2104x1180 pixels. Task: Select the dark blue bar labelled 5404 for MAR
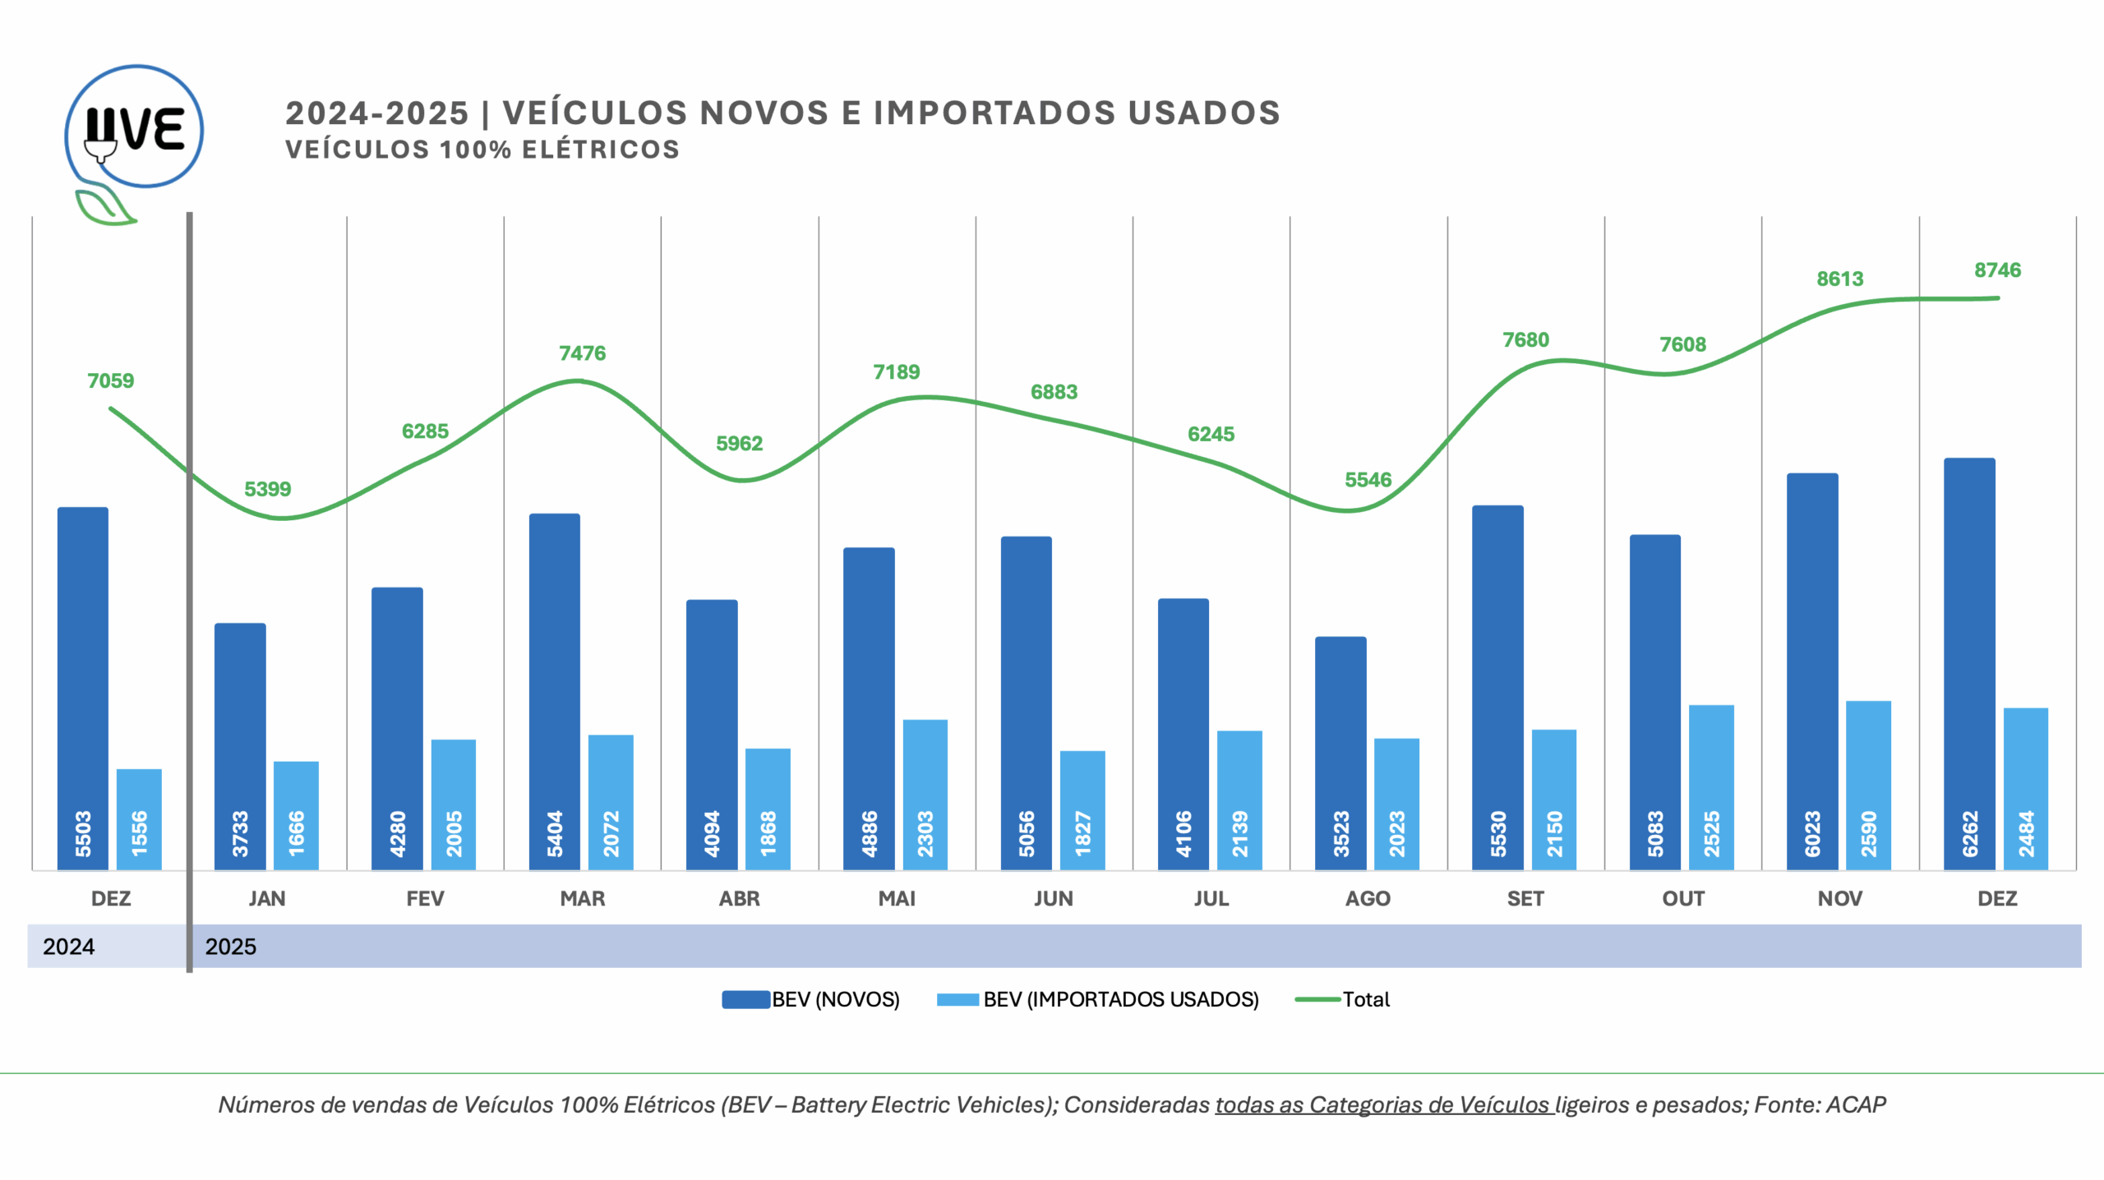[x=555, y=690]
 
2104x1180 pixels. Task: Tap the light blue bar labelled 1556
[x=139, y=818]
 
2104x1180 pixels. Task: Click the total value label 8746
[x=1997, y=270]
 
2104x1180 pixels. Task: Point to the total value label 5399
[x=267, y=489]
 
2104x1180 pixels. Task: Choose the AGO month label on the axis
[x=1368, y=898]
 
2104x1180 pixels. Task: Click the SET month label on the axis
[x=1525, y=898]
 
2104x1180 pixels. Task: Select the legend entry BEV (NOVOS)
[x=810, y=999]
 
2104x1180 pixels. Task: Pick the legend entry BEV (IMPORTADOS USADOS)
[x=1098, y=999]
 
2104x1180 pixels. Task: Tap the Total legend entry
[x=1343, y=999]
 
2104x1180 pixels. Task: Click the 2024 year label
[x=69, y=947]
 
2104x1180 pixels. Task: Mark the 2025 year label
[x=231, y=947]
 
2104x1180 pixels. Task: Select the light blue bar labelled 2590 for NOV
[x=1868, y=785]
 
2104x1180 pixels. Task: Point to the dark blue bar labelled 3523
[x=1340, y=752]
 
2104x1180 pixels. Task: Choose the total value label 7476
[x=582, y=353]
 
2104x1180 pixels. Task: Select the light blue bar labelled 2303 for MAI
[x=925, y=794]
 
